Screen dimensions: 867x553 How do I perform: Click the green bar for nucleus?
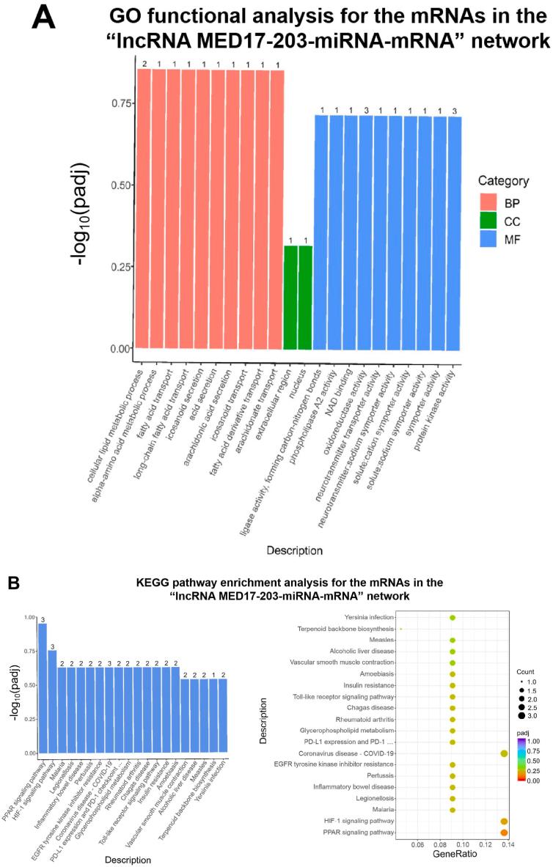pos(306,298)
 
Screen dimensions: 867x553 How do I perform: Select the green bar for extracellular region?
pos(291,298)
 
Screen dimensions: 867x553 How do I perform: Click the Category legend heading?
pos(508,180)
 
